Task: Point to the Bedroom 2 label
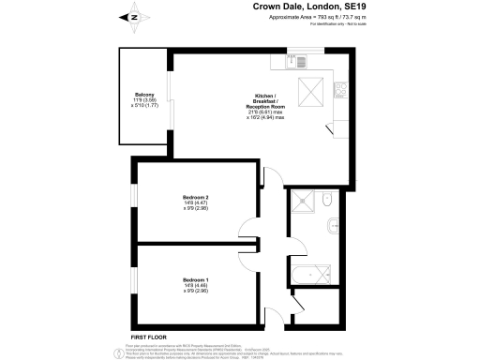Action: pyautogui.click(x=196, y=197)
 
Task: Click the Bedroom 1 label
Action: pyautogui.click(x=195, y=280)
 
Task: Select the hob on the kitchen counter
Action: pyautogui.click(x=339, y=90)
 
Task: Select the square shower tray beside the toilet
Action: pyautogui.click(x=302, y=202)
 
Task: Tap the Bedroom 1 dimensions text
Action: pyautogui.click(x=195, y=289)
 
